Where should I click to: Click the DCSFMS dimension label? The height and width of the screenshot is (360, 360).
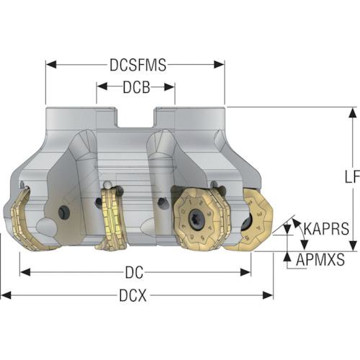138,65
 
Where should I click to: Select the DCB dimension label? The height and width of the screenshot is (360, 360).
136,87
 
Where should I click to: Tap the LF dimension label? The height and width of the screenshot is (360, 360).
352,177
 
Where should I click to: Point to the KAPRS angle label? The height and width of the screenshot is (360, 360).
326,228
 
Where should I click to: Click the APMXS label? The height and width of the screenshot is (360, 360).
320,259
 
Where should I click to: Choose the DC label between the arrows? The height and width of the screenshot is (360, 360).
134,272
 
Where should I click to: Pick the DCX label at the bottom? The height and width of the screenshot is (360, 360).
132,295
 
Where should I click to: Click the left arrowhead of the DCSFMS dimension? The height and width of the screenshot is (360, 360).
51,65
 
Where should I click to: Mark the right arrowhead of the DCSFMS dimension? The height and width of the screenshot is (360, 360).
219,65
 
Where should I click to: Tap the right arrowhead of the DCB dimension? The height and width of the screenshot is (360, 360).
169,87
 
